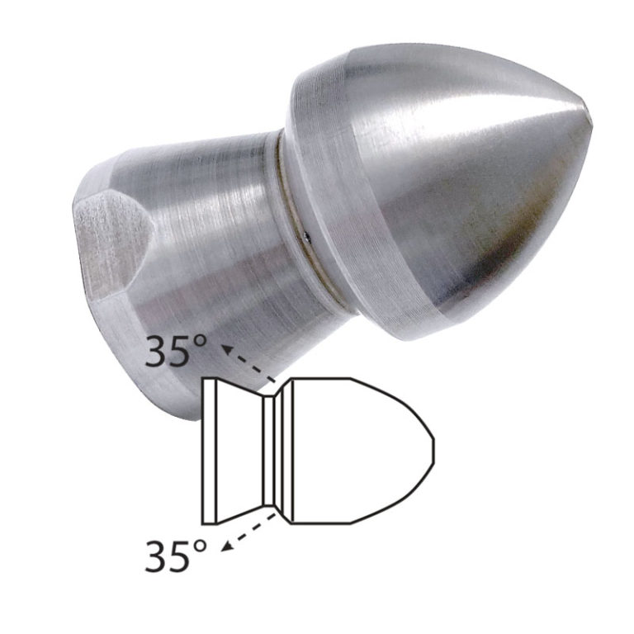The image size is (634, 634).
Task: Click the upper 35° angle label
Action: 176,351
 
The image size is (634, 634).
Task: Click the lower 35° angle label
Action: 176,556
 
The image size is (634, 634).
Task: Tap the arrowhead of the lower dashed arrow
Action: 227,546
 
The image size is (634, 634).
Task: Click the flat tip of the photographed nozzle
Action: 589,119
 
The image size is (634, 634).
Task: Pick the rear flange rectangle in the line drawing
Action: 210,452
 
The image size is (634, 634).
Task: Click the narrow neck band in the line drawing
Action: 269,452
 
